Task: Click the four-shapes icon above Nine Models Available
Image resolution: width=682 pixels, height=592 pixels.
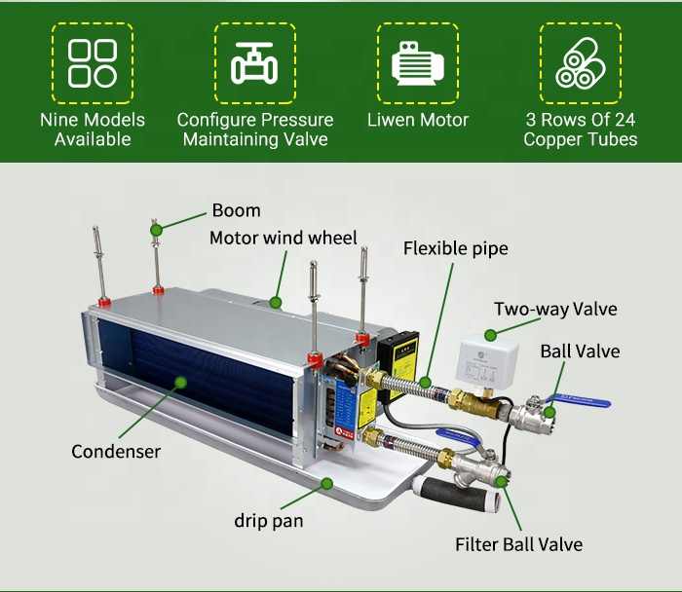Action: pyautogui.click(x=93, y=63)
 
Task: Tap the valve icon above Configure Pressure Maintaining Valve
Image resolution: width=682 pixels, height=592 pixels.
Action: pyautogui.click(x=254, y=63)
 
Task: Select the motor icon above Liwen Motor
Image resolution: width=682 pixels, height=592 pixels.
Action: pyautogui.click(x=417, y=63)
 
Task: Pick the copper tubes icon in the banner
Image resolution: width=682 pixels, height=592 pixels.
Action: pyautogui.click(x=580, y=63)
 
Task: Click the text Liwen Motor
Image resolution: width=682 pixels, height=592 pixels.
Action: pyautogui.click(x=417, y=121)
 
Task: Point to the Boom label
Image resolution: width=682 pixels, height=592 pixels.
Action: pyautogui.click(x=236, y=210)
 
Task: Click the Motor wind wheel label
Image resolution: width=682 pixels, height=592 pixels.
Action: pyautogui.click(x=284, y=238)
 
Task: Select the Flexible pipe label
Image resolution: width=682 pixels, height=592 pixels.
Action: pyautogui.click(x=455, y=248)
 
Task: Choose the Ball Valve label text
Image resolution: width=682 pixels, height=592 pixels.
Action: pyautogui.click(x=580, y=351)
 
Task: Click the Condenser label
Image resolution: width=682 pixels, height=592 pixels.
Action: pyautogui.click(x=116, y=452)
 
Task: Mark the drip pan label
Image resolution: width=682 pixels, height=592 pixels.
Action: pyautogui.click(x=268, y=521)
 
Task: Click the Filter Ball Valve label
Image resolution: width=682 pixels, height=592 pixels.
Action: pyautogui.click(x=518, y=544)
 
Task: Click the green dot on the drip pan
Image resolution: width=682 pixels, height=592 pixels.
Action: pyautogui.click(x=327, y=482)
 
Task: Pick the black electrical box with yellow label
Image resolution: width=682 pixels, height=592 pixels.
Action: pyautogui.click(x=400, y=355)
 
